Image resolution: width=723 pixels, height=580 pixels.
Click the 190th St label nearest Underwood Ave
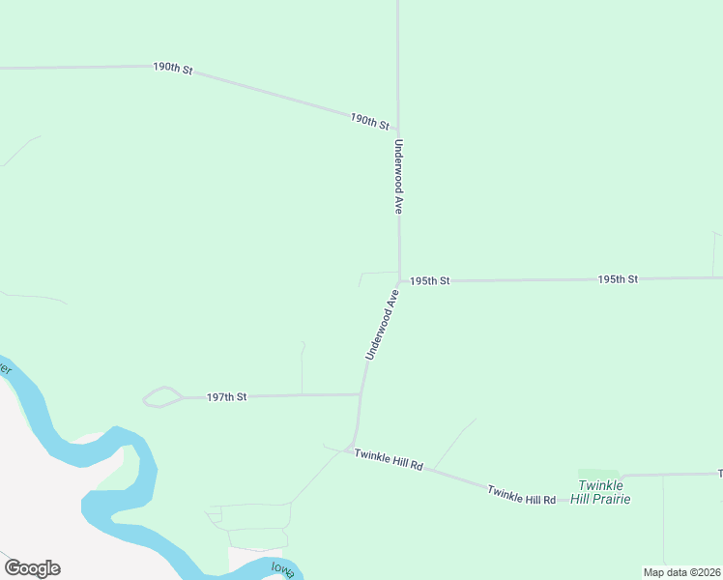pos(369,121)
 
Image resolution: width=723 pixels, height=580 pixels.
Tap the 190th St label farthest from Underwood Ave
pos(173,69)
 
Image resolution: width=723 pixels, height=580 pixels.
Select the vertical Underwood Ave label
pos(397,177)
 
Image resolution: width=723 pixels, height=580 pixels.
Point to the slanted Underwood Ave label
pos(381,324)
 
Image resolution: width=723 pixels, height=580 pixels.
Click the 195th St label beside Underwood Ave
pos(429,281)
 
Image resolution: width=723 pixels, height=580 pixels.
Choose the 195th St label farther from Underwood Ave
pos(618,279)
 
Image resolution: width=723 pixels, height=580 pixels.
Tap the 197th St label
pos(227,396)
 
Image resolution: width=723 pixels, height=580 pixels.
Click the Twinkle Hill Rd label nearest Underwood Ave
pos(389,459)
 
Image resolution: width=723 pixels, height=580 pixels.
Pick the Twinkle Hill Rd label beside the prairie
pos(521,495)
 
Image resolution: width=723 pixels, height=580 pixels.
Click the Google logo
pos(32,568)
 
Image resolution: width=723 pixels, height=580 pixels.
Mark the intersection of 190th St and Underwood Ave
pos(398,130)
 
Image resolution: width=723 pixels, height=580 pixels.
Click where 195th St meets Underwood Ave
pos(399,280)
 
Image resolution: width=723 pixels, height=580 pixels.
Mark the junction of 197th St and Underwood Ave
pos(361,394)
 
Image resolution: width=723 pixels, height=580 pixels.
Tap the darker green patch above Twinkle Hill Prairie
pos(597,474)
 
